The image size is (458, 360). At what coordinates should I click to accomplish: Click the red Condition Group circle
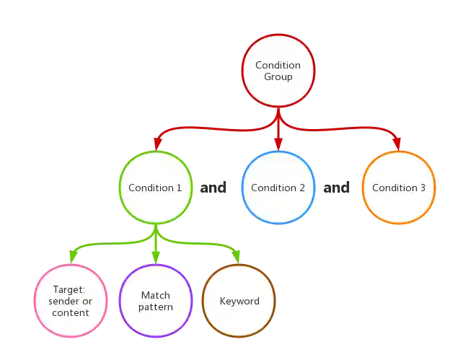tap(278, 71)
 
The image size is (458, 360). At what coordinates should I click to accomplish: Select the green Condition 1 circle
tap(155, 188)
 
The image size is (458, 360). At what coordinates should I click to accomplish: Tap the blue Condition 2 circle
tap(278, 188)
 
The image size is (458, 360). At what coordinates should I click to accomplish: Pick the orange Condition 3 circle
tap(399, 188)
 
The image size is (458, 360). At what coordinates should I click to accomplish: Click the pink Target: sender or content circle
tap(71, 302)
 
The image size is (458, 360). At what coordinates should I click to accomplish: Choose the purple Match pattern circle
tap(156, 301)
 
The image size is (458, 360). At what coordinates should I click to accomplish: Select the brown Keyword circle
tap(239, 301)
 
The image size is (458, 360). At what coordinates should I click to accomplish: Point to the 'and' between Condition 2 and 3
tap(338, 189)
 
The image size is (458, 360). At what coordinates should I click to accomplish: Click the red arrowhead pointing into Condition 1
tap(156, 146)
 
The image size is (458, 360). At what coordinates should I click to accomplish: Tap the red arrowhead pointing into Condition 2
tap(278, 146)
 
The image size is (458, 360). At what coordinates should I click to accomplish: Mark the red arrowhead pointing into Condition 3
tap(397, 146)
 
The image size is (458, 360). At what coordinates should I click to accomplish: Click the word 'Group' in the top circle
tap(278, 76)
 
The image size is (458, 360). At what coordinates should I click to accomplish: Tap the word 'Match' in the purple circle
tap(156, 295)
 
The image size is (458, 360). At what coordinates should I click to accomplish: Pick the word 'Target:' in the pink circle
tap(71, 290)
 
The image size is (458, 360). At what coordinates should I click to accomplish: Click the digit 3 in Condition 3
tap(423, 188)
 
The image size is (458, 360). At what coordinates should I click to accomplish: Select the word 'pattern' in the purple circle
tap(156, 307)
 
